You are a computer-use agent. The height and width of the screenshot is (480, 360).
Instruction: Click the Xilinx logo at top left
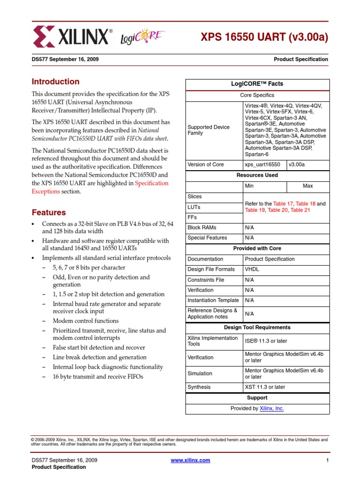pos(72,36)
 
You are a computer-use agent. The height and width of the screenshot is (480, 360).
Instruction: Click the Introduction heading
pos(55,82)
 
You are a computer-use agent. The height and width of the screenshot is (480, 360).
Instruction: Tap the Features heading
pos(48,212)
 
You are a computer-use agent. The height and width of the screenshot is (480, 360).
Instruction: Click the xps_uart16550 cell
pos(262,165)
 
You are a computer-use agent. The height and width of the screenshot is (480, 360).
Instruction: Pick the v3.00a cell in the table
pos(296,165)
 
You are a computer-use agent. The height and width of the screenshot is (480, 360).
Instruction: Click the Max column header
pos(307,186)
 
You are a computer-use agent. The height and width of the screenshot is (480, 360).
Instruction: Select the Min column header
pos(249,186)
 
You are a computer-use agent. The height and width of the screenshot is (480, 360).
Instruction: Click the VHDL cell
pos(251,270)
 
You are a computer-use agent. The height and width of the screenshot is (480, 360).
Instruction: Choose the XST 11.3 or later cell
pos(265,387)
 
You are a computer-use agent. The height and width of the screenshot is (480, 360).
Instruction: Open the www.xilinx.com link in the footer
pos(190,460)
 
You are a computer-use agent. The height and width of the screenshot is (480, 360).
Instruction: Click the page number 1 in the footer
pos(327,460)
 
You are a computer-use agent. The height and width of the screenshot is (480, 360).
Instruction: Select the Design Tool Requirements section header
pos(257,328)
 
